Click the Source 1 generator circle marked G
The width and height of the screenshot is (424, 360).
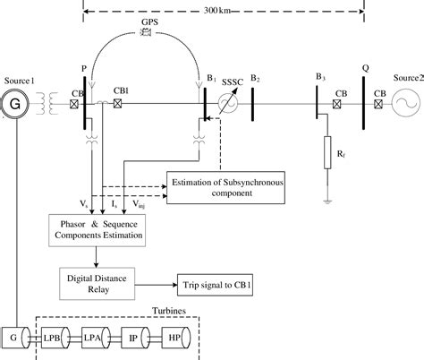tap(15, 101)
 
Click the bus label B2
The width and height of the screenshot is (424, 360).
tap(256, 80)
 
